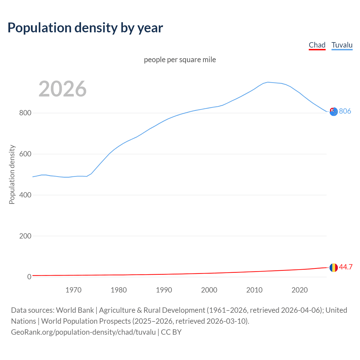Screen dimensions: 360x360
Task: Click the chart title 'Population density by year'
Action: point(85,28)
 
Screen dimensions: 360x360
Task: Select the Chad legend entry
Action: point(317,45)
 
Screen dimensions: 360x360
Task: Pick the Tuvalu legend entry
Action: point(342,45)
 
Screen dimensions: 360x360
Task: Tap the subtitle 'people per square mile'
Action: point(180,60)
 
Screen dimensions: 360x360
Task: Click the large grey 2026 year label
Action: point(62,89)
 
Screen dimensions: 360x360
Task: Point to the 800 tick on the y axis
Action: point(25,113)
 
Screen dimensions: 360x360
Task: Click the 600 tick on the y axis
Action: point(25,154)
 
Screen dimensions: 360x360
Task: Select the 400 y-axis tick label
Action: point(25,195)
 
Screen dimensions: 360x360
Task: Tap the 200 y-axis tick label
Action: point(25,236)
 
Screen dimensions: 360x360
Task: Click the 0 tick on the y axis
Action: point(29,277)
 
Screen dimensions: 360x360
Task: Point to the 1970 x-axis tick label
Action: point(73,290)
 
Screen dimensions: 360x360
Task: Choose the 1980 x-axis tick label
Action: point(119,290)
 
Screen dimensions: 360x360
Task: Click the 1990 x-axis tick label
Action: point(164,290)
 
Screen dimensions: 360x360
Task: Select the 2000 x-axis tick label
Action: point(209,290)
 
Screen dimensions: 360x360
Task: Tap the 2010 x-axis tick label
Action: point(254,290)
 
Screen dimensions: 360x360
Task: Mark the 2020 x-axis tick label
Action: point(300,290)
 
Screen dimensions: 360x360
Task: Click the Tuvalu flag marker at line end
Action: point(334,112)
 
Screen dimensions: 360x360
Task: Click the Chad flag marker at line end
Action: point(334,267)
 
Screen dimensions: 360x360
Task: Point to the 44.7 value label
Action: point(346,267)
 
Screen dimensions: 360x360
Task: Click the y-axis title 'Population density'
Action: point(12,174)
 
